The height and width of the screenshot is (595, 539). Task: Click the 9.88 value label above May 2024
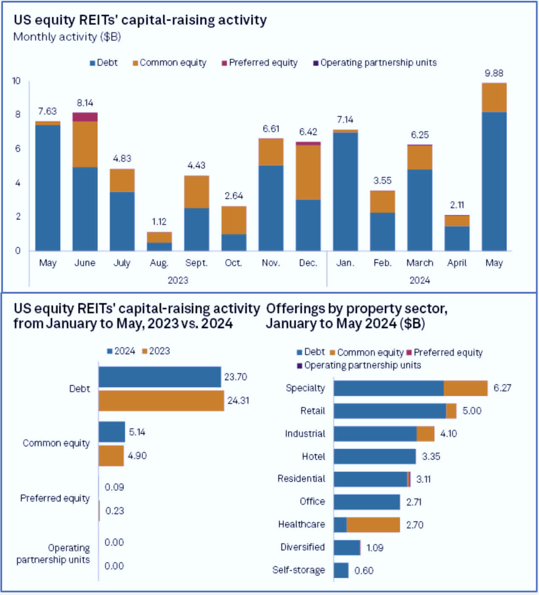pos(494,74)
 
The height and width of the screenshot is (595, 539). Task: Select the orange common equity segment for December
pos(308,172)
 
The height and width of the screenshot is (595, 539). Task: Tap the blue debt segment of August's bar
pos(159,246)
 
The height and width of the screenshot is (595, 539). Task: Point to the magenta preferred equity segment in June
pos(85,117)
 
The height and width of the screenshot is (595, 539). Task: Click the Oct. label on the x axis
pos(233,263)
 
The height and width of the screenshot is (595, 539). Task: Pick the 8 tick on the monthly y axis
pos(18,114)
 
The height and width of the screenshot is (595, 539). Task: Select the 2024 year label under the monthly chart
pos(420,280)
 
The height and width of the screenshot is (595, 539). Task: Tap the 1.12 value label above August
pos(159,222)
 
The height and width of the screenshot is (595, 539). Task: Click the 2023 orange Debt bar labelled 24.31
pos(161,401)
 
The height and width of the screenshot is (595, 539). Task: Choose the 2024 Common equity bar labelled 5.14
pos(112,432)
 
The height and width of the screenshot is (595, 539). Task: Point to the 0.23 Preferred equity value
pos(115,510)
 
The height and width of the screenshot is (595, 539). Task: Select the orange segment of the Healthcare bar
pos(373,525)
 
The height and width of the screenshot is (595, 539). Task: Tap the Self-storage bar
pos(341,570)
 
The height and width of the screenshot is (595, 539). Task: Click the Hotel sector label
pos(313,456)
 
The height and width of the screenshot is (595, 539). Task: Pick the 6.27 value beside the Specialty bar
pos(502,388)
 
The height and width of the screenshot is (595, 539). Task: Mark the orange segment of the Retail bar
pos(451,411)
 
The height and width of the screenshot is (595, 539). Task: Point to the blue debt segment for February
pos(383,232)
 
